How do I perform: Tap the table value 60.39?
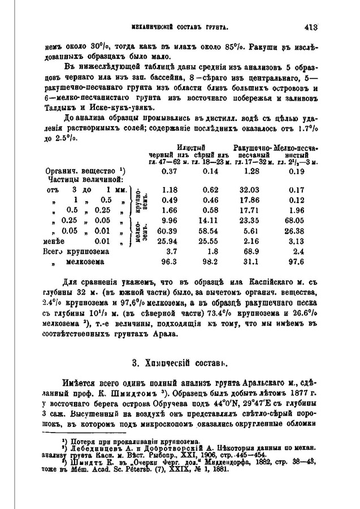tap(169, 230)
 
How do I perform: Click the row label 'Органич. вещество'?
tap(82, 170)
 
